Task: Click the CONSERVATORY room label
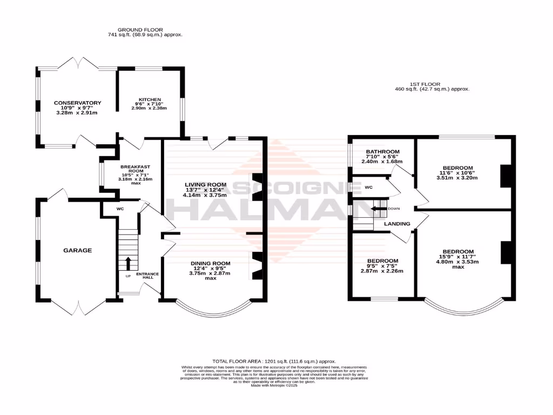pos(77,103)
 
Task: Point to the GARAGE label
pos(77,250)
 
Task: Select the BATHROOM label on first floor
pos(382,152)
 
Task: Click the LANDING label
pos(397,224)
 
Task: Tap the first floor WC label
pos(369,188)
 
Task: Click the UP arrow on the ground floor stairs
pos(128,263)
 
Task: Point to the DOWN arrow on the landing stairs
pos(377,209)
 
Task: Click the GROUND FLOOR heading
pos(140,30)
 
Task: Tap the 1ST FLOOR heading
pos(425,84)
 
